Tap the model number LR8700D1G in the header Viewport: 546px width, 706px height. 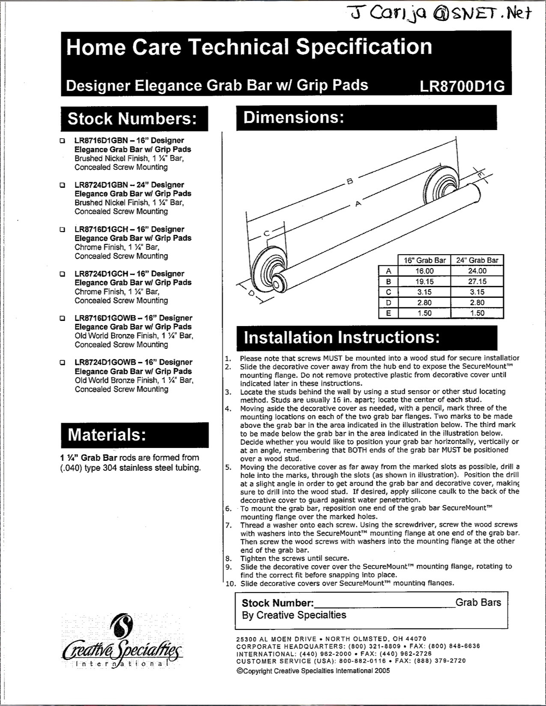(462, 86)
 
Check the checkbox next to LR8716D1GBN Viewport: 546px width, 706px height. (63, 141)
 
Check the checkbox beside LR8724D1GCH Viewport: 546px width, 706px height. (63, 274)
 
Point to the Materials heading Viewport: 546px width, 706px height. (107, 435)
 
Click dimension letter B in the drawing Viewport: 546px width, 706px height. (349, 181)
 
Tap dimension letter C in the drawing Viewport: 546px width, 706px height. (266, 233)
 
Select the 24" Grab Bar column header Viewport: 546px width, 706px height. (477, 260)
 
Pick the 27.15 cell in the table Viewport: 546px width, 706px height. (477, 282)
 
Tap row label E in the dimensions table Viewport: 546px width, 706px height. (388, 313)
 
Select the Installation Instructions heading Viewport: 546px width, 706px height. (341, 338)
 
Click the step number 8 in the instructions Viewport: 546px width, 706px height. (229, 558)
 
